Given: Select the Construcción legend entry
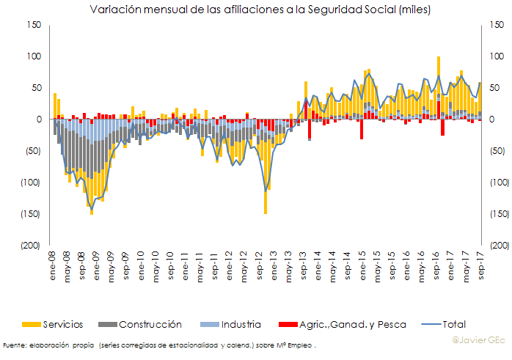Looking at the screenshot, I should click(x=150, y=324).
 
